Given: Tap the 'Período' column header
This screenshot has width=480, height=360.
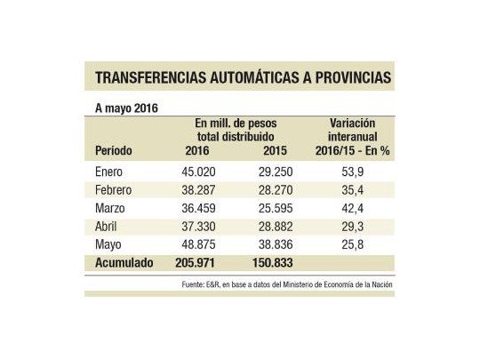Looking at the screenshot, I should pos(115,151).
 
